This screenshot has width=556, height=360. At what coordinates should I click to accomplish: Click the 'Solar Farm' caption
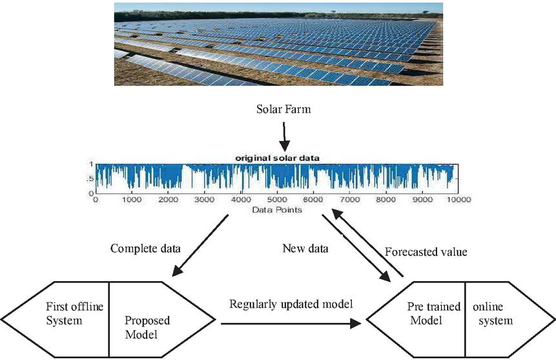pos(283,109)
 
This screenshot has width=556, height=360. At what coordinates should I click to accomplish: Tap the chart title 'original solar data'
pos(277,158)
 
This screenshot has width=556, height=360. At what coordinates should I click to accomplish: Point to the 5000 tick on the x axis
pos(277,200)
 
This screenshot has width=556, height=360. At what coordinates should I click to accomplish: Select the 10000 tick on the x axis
pos(458,200)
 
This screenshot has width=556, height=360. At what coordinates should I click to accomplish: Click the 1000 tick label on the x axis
pos(132,200)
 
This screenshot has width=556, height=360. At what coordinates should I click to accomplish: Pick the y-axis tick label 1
pos(91,164)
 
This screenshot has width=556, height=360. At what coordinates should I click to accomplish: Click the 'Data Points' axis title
pos(277,210)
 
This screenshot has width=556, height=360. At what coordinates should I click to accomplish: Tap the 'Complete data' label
pos(145,248)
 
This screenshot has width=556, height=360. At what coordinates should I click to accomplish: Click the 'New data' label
pos(305,248)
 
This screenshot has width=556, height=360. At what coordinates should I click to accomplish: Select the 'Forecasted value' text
pos(426,251)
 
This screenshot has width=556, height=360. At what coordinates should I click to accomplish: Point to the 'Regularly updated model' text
pos(291,304)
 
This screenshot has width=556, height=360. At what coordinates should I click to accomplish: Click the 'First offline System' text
pos(74,313)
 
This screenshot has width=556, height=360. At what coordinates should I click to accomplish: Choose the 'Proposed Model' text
pos(147,327)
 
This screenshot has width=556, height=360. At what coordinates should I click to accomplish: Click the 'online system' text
pos(493,313)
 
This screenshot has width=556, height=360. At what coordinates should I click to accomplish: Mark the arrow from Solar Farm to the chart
pos(284,137)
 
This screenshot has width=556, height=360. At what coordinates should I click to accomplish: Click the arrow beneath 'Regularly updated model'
pos(291,323)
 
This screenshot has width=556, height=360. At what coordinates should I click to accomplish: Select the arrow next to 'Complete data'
pos(200,246)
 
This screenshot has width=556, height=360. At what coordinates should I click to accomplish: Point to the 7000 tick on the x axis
pos(349,200)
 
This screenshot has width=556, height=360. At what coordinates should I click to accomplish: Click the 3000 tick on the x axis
pos(205,200)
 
